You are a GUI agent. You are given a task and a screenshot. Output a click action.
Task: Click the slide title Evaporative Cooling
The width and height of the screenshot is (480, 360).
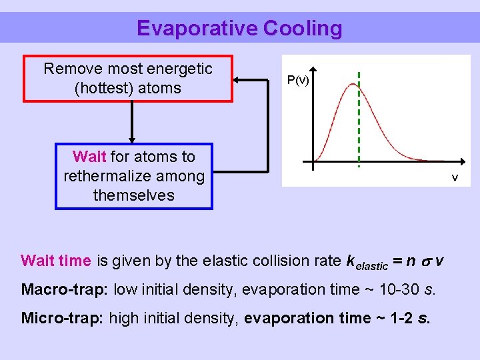tap(239, 28)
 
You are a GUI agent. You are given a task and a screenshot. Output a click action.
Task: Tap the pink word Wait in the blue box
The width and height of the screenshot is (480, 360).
tap(89, 157)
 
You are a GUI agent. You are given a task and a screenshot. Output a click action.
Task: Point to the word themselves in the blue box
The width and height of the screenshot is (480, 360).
tap(133, 195)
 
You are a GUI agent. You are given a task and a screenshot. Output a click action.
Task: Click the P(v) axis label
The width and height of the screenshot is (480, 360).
tap(297, 80)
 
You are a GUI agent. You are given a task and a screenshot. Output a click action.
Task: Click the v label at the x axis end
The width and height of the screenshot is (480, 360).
tap(455, 177)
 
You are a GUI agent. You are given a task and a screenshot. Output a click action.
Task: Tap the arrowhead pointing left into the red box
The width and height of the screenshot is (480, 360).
tap(237, 79)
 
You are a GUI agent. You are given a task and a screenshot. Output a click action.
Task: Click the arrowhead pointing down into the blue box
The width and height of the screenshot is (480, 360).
tap(132, 139)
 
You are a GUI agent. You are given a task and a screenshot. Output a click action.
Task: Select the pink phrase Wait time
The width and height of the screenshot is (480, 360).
tap(56, 260)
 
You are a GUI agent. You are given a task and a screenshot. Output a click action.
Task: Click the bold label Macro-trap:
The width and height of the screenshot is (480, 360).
tap(65, 289)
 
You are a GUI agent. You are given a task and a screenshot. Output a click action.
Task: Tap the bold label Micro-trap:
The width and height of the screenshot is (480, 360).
tap(63, 318)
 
